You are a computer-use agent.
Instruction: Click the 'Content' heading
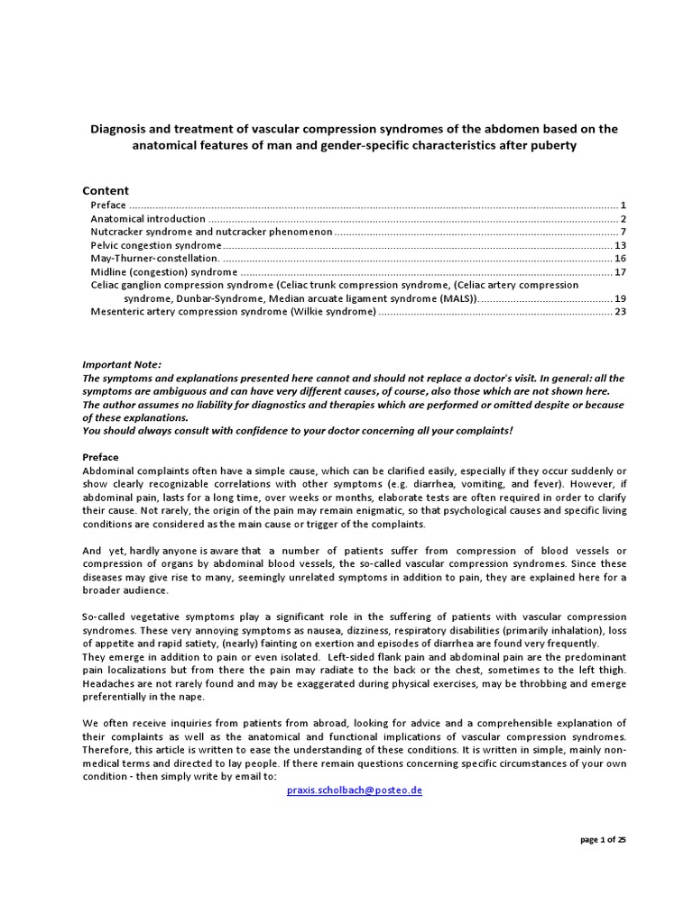pos(106,190)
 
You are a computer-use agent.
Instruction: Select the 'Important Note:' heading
pos(122,364)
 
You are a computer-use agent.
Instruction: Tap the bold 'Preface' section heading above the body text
pos(101,457)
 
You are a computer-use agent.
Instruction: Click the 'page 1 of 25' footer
pos(603,839)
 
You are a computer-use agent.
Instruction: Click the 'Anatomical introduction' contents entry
pos(148,219)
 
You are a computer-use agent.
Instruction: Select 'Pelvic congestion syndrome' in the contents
pos(155,245)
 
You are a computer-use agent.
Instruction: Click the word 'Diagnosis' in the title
pos(118,130)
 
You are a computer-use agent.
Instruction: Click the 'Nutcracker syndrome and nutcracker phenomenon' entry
pos(211,233)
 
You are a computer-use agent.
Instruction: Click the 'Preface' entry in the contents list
pos(108,206)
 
